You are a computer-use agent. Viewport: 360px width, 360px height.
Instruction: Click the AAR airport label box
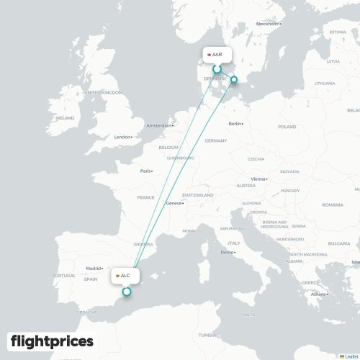coord(215,55)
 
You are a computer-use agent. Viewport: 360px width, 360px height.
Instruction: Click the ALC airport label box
coord(123,275)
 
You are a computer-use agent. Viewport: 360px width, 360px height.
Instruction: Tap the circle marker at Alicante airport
coord(127,292)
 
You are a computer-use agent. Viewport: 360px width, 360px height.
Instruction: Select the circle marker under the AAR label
coord(215,69)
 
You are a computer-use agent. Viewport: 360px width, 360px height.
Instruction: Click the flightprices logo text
coord(52,341)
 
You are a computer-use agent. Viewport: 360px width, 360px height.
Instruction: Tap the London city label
coord(122,137)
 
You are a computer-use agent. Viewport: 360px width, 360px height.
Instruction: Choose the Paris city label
coord(146,171)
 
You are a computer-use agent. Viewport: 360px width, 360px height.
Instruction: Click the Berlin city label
coord(235,124)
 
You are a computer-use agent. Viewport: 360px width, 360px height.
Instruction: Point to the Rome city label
coord(228,252)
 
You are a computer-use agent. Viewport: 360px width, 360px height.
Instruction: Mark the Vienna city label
coord(258,179)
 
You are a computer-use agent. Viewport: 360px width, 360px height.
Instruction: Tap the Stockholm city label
coord(267,24)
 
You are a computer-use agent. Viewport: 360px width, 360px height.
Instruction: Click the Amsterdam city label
coord(159,126)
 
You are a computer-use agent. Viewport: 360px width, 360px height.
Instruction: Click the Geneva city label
coord(174,203)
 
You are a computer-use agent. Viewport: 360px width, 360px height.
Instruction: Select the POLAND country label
coord(287,127)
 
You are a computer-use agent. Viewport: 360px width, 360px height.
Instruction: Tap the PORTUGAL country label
coord(64,275)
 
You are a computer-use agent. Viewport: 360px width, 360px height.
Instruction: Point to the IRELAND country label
coord(65,117)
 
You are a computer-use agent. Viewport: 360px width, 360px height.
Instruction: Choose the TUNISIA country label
coord(207,335)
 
